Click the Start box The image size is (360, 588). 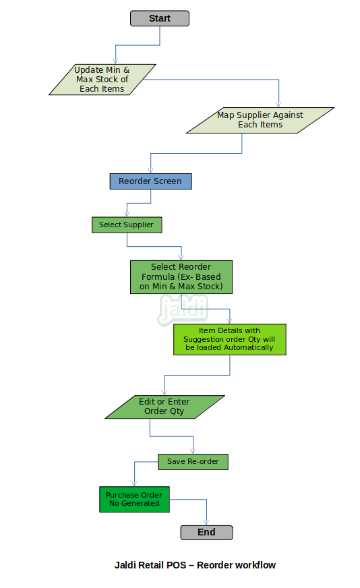point(160,18)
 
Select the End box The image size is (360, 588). point(206,532)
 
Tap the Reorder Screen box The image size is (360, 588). point(151,181)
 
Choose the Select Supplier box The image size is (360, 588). point(127,225)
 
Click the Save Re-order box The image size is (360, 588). point(193,462)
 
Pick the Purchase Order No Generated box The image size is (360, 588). point(134,500)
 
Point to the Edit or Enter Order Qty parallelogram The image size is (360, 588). point(164,407)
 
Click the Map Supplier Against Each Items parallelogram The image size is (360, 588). point(260,121)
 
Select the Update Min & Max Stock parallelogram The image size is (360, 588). point(102,80)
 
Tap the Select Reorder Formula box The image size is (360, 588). point(181,277)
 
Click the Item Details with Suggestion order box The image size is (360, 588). point(229,339)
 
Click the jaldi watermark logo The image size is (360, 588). point(183,310)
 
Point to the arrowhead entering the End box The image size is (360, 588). point(206,522)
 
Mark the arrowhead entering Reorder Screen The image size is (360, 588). point(151,170)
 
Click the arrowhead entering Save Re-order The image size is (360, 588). point(193,451)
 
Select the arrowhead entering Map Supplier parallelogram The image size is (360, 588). point(278,105)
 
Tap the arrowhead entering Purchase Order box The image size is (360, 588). point(134,483)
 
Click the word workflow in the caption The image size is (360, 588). point(255,565)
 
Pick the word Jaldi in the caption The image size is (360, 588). point(125,565)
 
